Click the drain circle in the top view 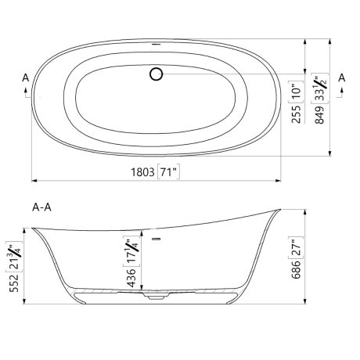157,74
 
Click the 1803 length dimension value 142,172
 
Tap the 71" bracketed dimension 168,171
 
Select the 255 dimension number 296,114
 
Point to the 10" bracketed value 296,92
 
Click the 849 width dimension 319,114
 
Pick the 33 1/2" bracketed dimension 320,88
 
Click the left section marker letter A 26,77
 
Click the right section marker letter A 341,77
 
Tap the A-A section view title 41,207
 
